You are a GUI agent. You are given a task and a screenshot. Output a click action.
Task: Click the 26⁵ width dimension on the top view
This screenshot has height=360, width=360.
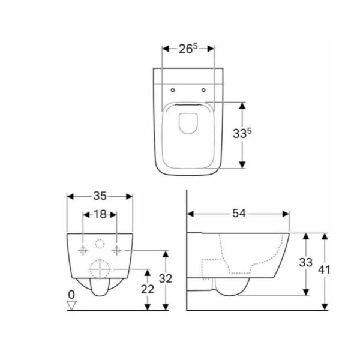[x=188, y=48]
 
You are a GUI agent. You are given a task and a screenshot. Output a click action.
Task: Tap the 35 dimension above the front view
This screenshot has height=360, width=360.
[x=100, y=196]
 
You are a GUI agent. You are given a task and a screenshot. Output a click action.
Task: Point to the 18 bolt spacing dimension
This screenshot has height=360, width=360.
[x=100, y=214]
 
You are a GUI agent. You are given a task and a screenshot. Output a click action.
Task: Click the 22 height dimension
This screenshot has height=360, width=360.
[x=147, y=289]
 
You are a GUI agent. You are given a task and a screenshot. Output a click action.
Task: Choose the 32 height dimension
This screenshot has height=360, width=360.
[x=166, y=278]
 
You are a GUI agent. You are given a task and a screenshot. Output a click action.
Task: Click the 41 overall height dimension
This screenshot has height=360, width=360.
[x=325, y=270]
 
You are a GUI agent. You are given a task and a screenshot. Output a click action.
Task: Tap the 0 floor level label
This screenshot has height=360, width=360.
[x=71, y=295]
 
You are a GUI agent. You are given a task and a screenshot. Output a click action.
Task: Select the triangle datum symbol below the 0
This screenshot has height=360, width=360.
[x=72, y=305]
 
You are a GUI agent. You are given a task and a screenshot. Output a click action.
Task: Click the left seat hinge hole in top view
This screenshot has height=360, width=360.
[x=173, y=91]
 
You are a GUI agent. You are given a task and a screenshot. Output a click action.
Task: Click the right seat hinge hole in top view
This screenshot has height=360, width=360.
[x=204, y=91]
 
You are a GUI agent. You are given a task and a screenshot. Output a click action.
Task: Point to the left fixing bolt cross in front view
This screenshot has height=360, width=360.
[x=83, y=249]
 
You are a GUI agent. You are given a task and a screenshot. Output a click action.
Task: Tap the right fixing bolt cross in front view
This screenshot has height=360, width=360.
[x=117, y=249]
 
